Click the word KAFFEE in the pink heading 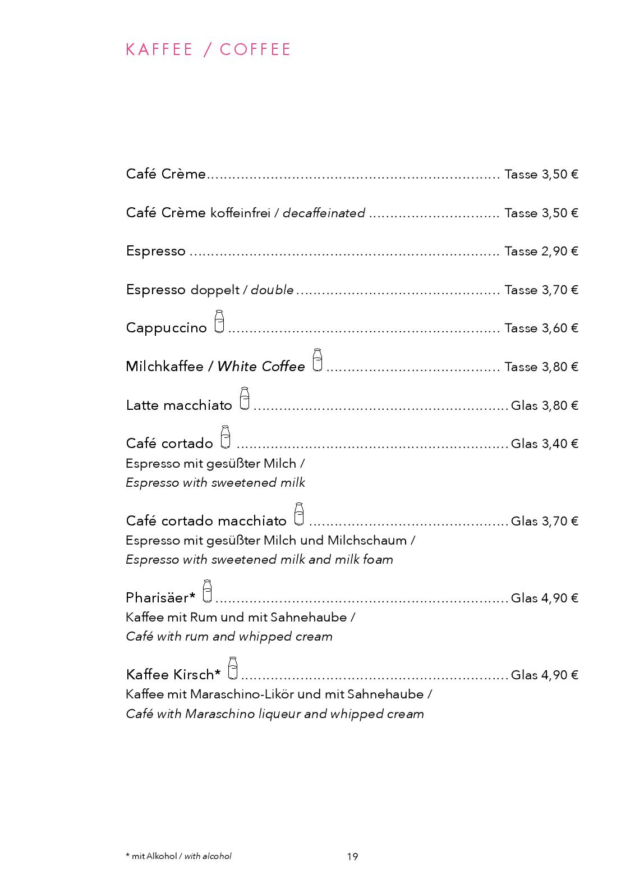coord(159,49)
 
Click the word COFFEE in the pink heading coord(255,49)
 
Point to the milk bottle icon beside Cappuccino coord(219,322)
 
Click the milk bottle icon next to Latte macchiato coord(244,399)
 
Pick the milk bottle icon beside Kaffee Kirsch coord(233,668)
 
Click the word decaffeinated coord(324,213)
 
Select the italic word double coord(272,290)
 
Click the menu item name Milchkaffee coord(164,367)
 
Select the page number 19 coord(352,856)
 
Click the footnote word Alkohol coord(162,856)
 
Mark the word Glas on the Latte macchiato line coord(525,405)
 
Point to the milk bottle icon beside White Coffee coord(318,360)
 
